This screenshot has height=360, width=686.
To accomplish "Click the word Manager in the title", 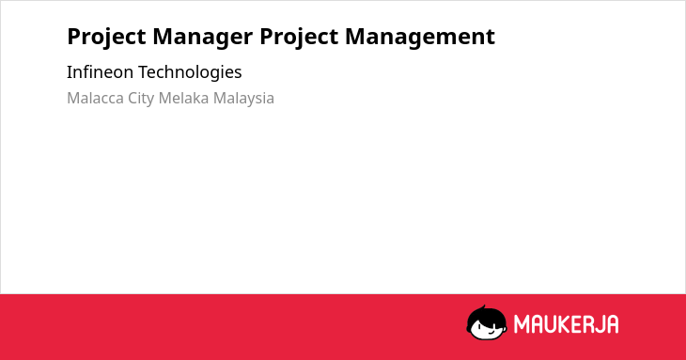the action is click(x=203, y=37).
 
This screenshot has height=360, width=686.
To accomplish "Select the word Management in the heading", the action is click(x=420, y=37).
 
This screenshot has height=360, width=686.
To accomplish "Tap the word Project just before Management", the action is click(x=299, y=37).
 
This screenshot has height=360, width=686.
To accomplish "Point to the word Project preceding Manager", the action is click(x=106, y=37).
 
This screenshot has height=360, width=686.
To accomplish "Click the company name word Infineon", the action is click(x=101, y=72).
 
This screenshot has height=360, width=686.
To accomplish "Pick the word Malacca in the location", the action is click(x=95, y=98).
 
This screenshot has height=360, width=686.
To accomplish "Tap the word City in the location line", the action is click(x=141, y=99).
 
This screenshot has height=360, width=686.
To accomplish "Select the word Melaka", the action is click(x=184, y=98).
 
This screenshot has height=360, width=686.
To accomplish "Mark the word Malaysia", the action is click(x=243, y=99).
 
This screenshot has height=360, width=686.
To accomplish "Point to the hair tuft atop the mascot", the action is click(x=482, y=308).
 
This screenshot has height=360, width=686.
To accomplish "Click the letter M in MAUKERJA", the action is click(x=521, y=324).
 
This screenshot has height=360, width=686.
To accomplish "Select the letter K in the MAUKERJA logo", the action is click(x=564, y=324).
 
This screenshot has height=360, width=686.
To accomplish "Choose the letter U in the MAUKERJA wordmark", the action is click(x=550, y=324).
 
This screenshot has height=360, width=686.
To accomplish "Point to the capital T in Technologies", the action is click(x=143, y=72).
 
